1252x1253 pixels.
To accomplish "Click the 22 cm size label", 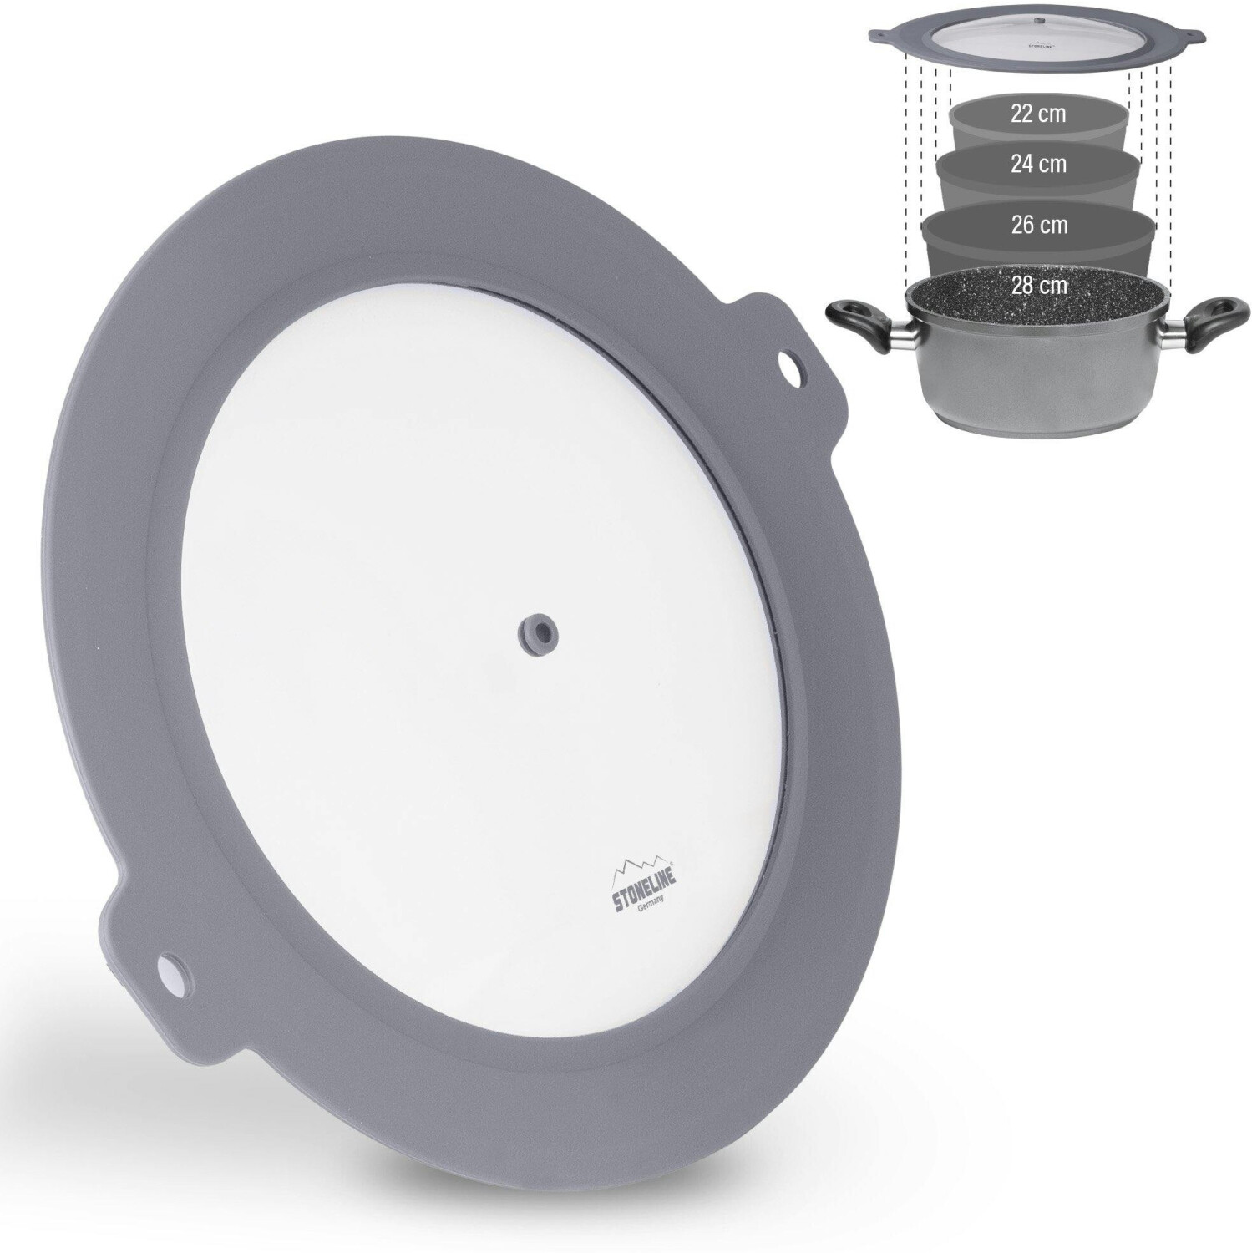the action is point(1038,114).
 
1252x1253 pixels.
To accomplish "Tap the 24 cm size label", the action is point(1038,164).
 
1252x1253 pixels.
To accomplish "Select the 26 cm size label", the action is point(1039,225).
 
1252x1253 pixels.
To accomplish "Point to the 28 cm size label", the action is point(1039,285).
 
